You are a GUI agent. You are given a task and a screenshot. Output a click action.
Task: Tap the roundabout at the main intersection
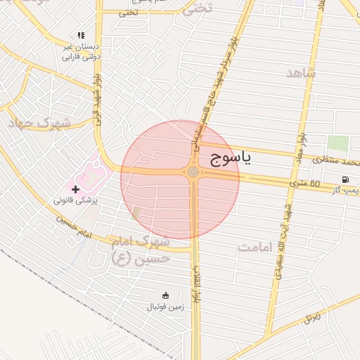click(193, 172)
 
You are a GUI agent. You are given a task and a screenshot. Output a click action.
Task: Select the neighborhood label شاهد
click(302, 72)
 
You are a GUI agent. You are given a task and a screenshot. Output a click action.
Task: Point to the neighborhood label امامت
click(255, 247)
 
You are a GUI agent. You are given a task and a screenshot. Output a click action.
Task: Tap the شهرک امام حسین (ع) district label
click(141, 250)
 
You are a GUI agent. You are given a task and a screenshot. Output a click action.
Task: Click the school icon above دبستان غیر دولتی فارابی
click(82, 35)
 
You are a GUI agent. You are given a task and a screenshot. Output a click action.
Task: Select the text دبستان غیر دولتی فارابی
click(81, 51)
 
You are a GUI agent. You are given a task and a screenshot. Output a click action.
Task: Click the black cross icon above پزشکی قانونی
click(75, 189)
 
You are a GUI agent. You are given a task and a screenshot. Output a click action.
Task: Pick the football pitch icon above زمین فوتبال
click(166, 295)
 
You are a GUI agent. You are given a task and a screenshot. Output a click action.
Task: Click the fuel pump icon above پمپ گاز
click(345, 179)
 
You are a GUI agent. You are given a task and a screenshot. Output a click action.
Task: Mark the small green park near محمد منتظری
click(337, 143)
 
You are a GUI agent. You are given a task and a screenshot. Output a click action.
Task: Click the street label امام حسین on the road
click(76, 225)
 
